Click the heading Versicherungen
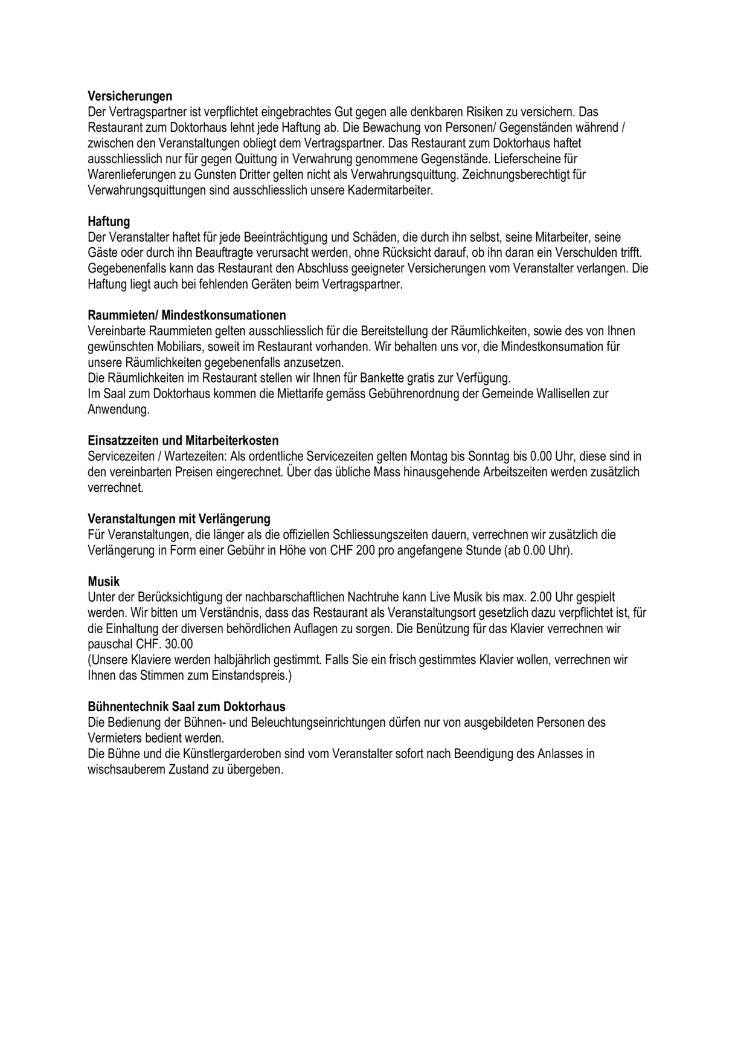click(130, 96)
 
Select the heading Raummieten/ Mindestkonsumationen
click(187, 315)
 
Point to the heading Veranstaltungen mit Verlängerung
click(179, 519)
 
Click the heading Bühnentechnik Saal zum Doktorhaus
click(187, 706)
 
